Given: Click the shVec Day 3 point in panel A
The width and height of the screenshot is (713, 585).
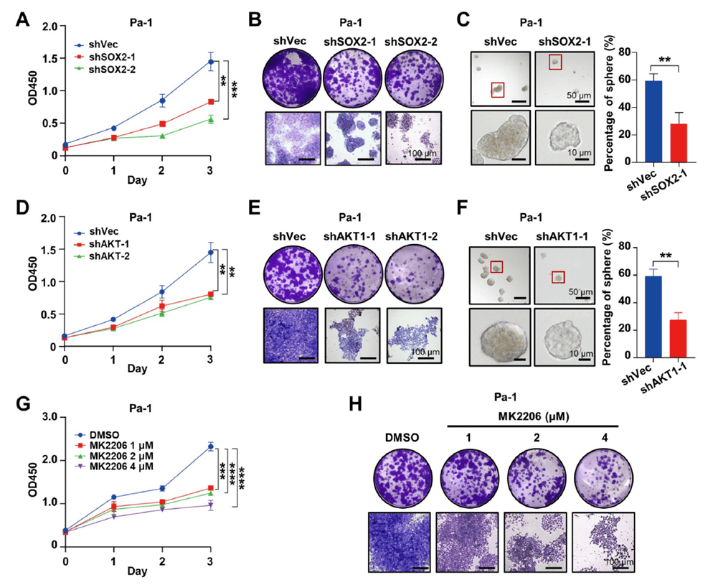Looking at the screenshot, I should pyautogui.click(x=211, y=62).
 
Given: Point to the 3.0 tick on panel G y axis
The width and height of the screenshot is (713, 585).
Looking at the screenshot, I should pyautogui.click(x=51, y=416).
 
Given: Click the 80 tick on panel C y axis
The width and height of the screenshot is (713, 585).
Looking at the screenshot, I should pyautogui.click(x=612, y=52).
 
